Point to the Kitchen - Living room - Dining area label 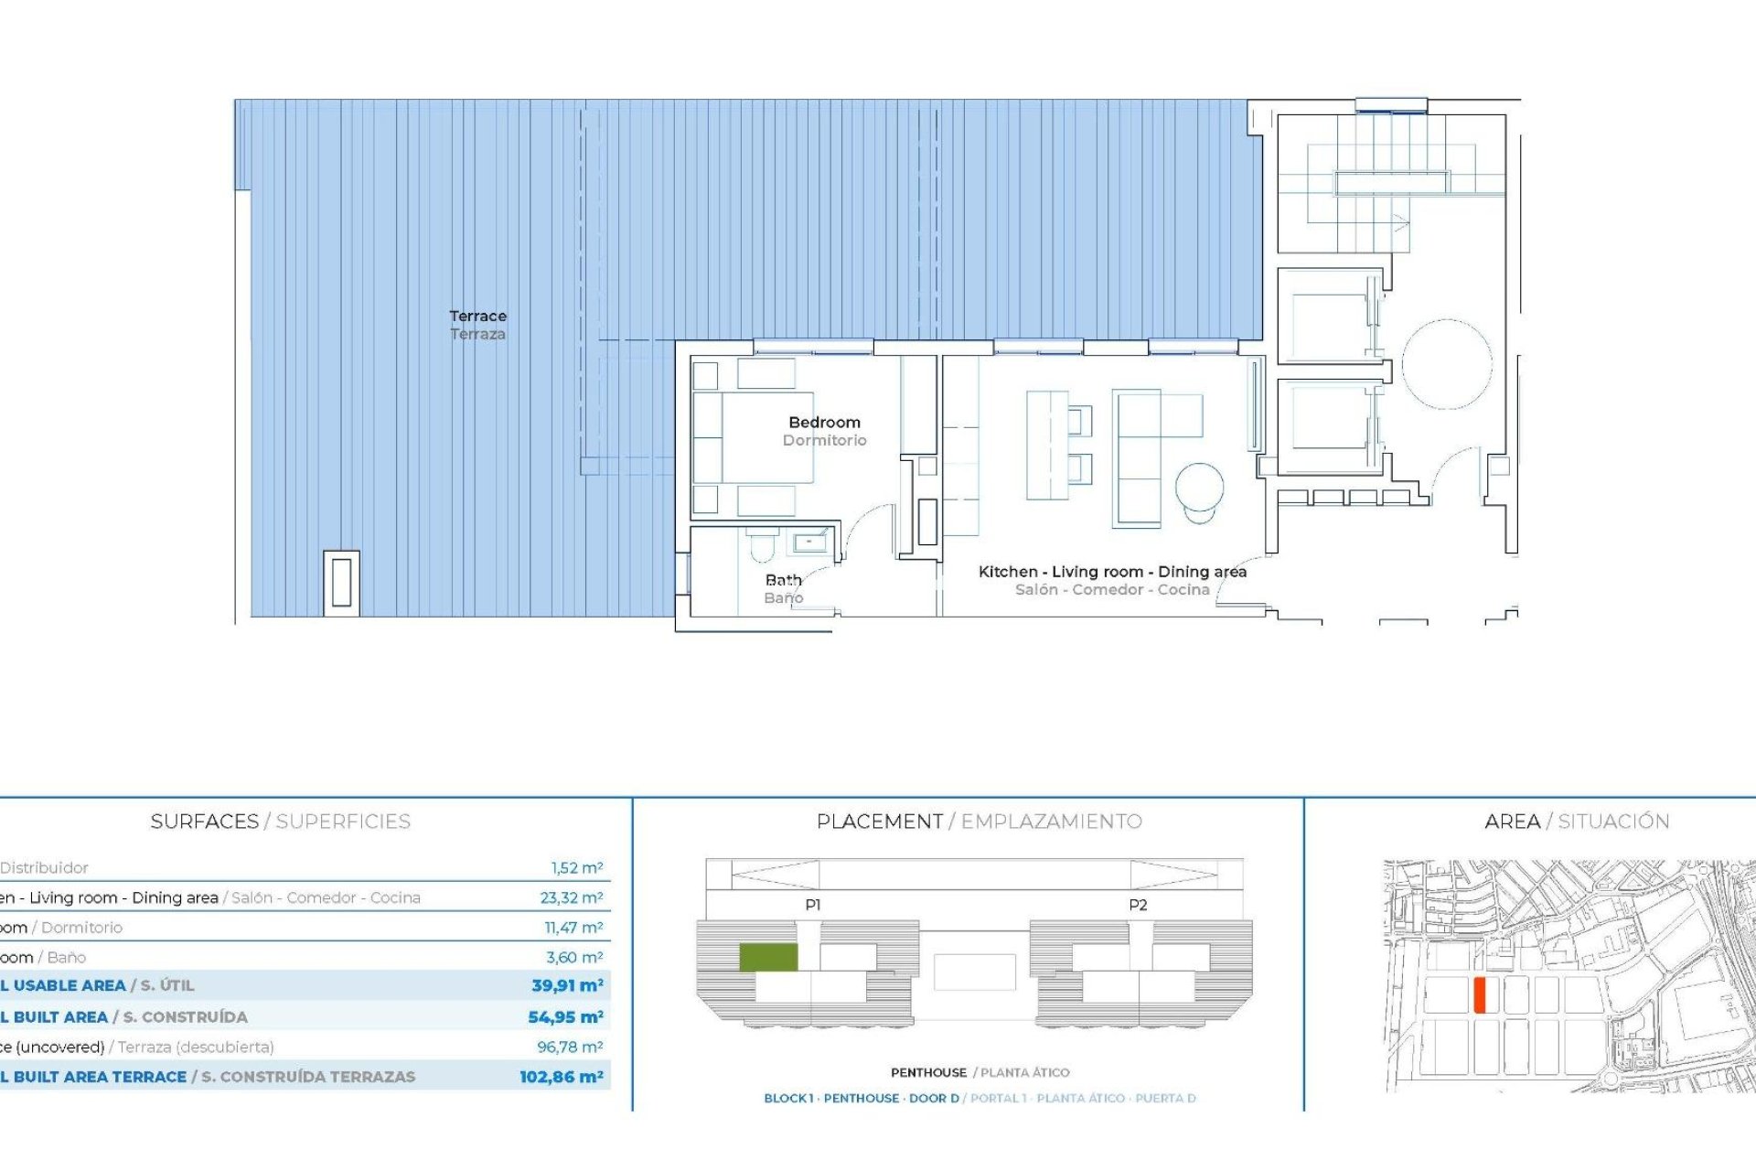(x=1112, y=572)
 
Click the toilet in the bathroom (x=761, y=547)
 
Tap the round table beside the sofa (x=1199, y=488)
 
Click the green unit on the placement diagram (x=768, y=957)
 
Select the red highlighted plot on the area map (x=1479, y=994)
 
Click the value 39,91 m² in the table (x=567, y=985)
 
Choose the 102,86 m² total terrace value (x=561, y=1077)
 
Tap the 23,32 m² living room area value (x=571, y=897)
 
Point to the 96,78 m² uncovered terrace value (x=569, y=1047)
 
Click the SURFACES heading (x=204, y=822)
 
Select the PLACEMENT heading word (x=879, y=822)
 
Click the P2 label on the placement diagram (x=1138, y=905)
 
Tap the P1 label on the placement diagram (x=813, y=905)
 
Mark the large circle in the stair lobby (x=1447, y=364)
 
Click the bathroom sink (x=808, y=543)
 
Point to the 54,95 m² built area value (x=565, y=1016)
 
